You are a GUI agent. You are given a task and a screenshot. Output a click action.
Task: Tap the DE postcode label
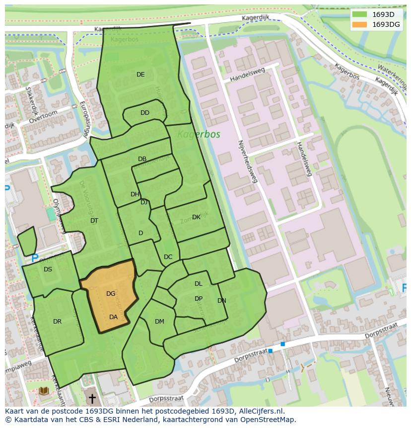(x=140, y=75)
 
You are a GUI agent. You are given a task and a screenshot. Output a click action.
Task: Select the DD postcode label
(x=144, y=113)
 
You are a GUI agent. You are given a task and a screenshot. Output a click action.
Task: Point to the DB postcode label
(x=142, y=159)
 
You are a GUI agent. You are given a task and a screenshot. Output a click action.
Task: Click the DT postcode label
(x=94, y=221)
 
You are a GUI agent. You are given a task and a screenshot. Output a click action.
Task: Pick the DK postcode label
(x=196, y=217)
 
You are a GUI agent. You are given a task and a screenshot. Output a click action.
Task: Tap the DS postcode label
(x=48, y=269)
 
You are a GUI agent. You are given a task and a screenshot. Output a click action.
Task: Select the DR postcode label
(x=57, y=322)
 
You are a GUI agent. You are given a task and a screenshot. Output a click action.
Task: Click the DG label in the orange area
(x=111, y=294)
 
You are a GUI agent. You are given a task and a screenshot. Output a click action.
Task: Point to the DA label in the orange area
(x=113, y=317)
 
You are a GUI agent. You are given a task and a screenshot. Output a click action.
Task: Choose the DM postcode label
(x=159, y=322)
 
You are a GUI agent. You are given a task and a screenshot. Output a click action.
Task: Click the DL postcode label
(x=198, y=284)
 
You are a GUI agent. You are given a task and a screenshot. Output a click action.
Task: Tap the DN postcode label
(x=221, y=301)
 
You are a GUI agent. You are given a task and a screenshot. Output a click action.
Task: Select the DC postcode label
(x=168, y=257)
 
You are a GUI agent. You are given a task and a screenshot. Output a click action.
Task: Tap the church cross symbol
(x=92, y=399)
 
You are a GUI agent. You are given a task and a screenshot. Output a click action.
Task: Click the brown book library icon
(x=44, y=391)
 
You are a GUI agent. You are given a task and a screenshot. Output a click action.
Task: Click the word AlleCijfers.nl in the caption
(x=260, y=411)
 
